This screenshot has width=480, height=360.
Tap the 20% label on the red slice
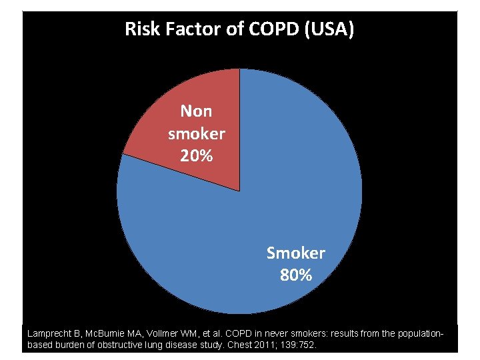coord(196,156)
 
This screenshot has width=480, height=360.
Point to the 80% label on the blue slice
coord(295,275)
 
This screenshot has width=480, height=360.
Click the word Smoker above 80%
coord(295,253)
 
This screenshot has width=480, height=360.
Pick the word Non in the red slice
coord(196,111)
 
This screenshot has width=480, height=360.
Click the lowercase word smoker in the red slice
coord(196,134)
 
